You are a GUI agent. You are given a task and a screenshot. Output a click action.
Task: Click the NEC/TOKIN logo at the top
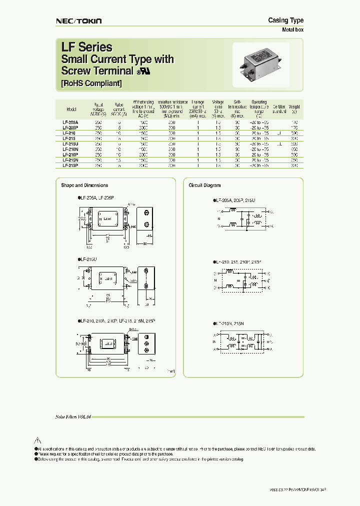point(78,20)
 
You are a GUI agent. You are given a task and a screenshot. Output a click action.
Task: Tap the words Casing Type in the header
point(285,20)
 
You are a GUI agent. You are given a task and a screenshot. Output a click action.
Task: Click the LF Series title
point(86,47)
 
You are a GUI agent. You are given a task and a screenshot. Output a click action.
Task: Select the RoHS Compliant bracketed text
point(91,83)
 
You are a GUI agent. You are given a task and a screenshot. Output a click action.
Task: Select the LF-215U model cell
point(70,143)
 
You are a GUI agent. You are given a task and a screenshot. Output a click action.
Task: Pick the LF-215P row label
point(70,165)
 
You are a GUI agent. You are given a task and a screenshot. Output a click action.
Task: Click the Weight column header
point(294,107)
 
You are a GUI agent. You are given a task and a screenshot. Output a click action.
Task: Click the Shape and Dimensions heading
point(84,185)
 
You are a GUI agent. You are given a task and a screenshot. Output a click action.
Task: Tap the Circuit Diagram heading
point(204,185)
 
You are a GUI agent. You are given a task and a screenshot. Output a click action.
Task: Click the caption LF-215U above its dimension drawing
point(88,259)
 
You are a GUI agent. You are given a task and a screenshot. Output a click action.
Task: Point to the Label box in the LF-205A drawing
point(107,219)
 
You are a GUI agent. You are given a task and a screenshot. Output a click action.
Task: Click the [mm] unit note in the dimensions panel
point(171,371)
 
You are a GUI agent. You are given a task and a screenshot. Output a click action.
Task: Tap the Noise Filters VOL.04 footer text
point(73,416)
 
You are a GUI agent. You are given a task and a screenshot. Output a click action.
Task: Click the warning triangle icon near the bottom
point(36,441)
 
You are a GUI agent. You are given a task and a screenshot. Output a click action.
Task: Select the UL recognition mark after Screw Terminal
point(144,71)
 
